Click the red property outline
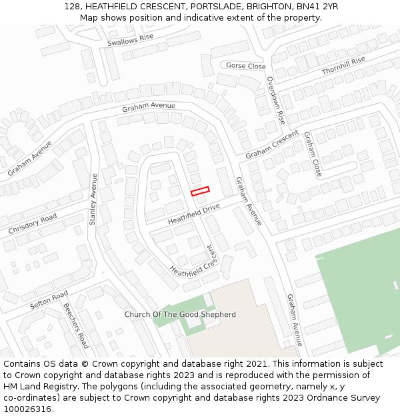pyautogui.click(x=200, y=191)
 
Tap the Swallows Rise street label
pyautogui.click(x=130, y=41)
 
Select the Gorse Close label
pyautogui.click(x=246, y=66)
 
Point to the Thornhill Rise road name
pyautogui.click(x=343, y=65)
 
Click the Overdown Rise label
pyautogui.click(x=276, y=101)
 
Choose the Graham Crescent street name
pyautogui.click(x=271, y=144)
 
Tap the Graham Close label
pyautogui.click(x=313, y=154)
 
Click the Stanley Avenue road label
pyautogui.click(x=93, y=199)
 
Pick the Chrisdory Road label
pyautogui.click(x=33, y=224)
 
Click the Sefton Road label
pyautogui.click(x=49, y=300)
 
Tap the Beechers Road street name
pyautogui.click(x=75, y=325)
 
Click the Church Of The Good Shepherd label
pyautogui.click(x=180, y=314)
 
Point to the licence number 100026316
pyautogui.click(x=27, y=409)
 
